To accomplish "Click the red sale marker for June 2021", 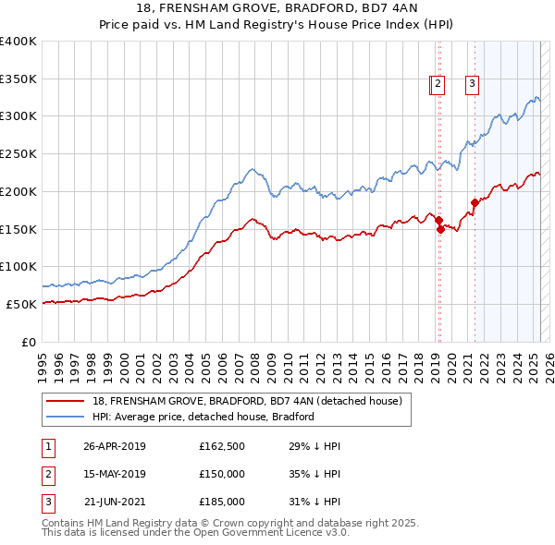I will click(475, 202).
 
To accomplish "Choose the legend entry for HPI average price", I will click(203, 417).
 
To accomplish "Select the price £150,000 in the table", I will click(222, 474).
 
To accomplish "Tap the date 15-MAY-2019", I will click(115, 474).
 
